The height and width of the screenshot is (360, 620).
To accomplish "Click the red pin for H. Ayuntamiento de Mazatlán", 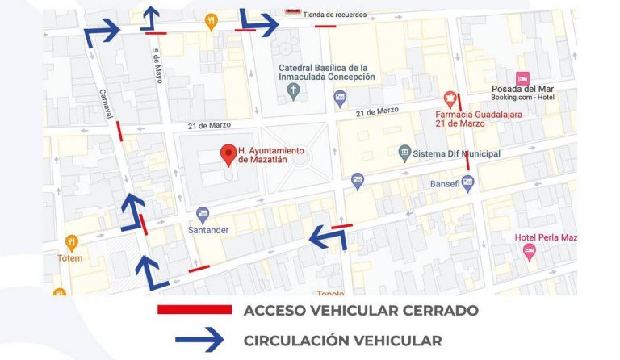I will point(228,153).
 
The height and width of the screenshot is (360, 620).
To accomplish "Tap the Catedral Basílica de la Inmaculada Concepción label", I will point(327,72).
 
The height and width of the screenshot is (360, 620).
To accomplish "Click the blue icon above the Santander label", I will point(203,215).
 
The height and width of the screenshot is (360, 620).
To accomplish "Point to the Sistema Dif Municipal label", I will point(456,153).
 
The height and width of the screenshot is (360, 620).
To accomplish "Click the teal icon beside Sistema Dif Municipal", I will point(404,153).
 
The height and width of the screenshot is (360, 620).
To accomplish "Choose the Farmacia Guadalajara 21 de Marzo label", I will point(480,119).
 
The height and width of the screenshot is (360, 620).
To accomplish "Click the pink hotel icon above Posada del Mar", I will point(522,77).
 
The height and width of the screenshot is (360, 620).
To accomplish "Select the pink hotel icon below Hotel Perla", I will point(530,253).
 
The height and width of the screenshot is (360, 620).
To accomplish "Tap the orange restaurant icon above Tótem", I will point(71,242).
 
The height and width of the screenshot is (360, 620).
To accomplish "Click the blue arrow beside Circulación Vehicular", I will point(199,341).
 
